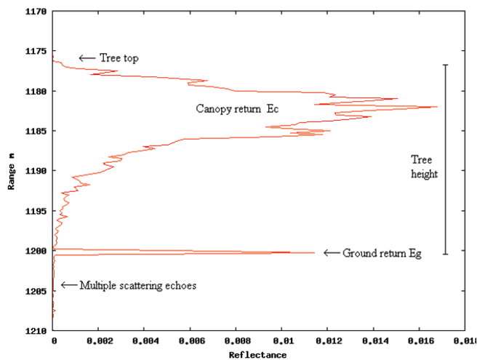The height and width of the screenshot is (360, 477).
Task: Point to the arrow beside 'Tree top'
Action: point(87,57)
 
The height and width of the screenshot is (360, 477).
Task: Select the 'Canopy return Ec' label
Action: point(237,108)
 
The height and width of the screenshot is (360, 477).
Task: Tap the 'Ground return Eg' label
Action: point(382,253)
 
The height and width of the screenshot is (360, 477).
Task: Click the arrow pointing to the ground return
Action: point(332,253)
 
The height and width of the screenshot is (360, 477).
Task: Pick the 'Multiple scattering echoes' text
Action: point(138,285)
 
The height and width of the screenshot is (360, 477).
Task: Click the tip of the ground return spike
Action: point(315,252)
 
